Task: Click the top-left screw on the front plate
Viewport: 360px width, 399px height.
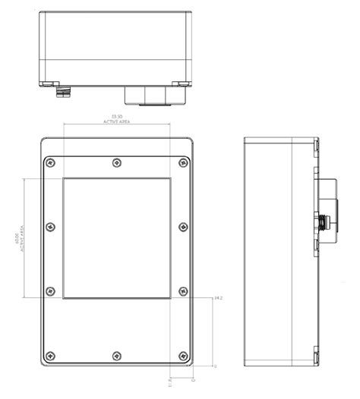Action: (x=50, y=162)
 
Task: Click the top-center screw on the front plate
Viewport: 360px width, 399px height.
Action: (x=115, y=162)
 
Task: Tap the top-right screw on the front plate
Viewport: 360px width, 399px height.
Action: (x=183, y=162)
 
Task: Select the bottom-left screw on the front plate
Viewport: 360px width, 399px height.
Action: (x=50, y=356)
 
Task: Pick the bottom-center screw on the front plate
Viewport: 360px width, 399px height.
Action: (x=115, y=356)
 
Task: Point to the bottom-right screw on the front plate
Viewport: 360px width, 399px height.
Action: (x=183, y=356)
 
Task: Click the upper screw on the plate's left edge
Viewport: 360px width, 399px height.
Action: (x=50, y=227)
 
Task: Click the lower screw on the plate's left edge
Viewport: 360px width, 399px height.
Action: (x=50, y=291)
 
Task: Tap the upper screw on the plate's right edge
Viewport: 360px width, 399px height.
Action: (x=183, y=227)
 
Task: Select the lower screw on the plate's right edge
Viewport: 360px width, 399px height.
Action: (x=183, y=291)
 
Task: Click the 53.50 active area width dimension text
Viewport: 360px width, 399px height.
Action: (x=117, y=118)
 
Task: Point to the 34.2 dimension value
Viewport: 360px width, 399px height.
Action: (x=218, y=297)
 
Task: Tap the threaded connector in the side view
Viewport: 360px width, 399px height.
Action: (x=324, y=222)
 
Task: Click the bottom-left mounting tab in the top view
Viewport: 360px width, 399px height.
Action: (x=49, y=83)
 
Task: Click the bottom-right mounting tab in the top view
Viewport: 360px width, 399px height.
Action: (x=182, y=83)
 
